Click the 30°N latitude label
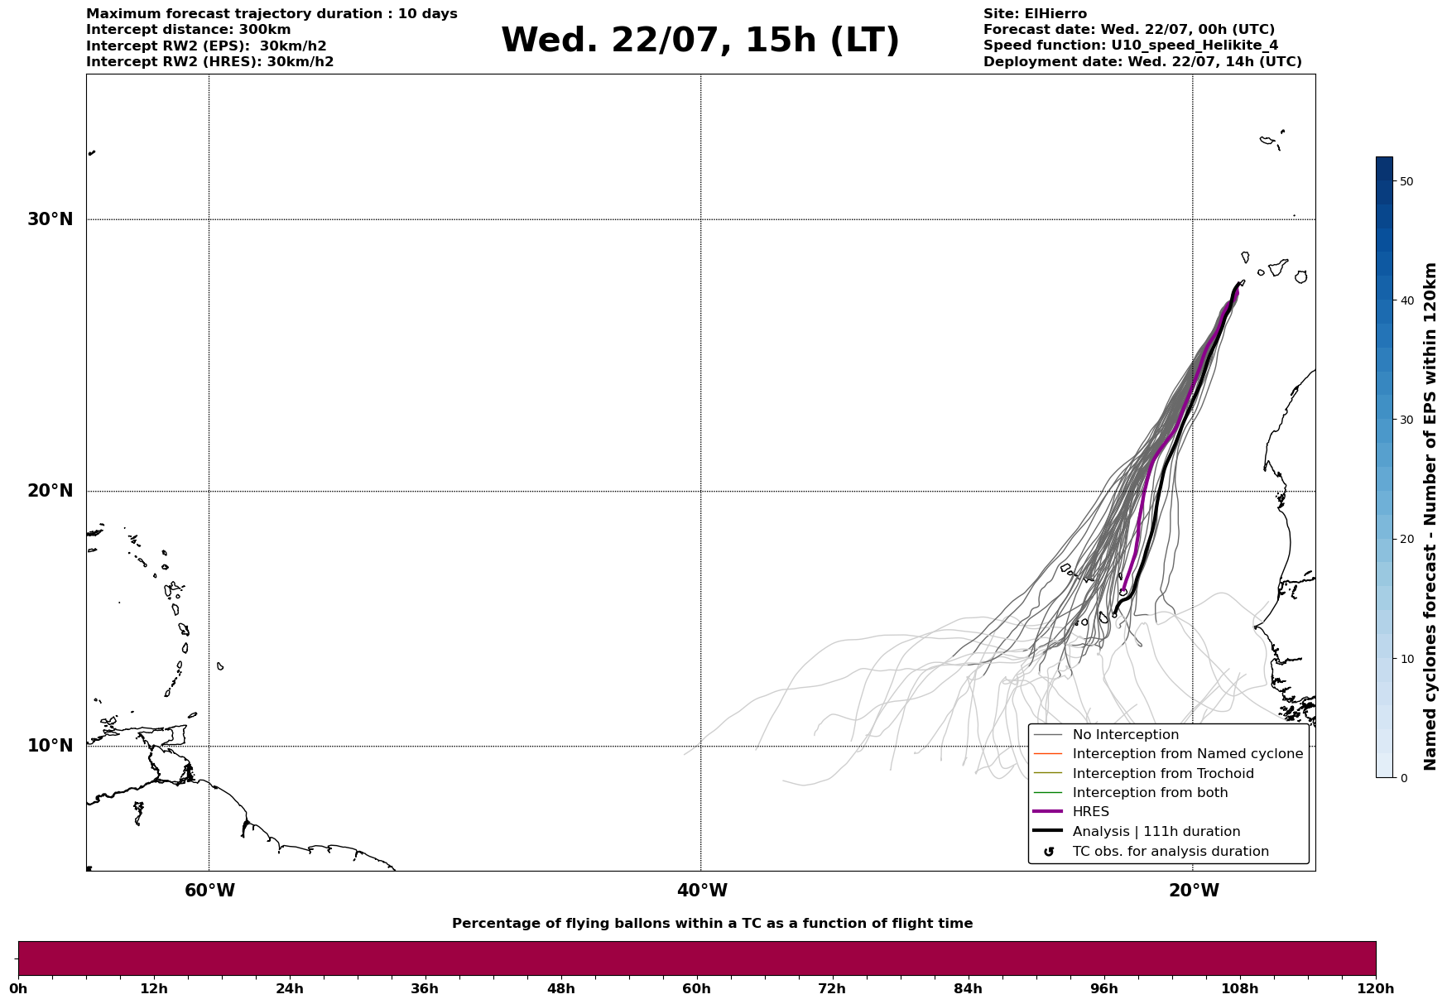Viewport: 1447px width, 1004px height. (x=50, y=219)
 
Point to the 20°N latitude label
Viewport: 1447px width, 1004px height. (x=50, y=491)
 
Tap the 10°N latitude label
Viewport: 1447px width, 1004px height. (x=50, y=746)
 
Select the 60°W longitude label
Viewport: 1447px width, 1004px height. (x=209, y=891)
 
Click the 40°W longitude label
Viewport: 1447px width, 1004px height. (x=702, y=891)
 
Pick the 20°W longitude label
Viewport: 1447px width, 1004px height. (x=1194, y=891)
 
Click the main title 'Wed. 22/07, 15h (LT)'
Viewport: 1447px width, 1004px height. (x=700, y=41)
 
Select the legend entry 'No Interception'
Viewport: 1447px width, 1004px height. (x=1126, y=735)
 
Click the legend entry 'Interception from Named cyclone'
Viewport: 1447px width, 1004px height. (x=1188, y=754)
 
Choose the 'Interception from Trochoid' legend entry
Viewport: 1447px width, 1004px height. (x=1163, y=774)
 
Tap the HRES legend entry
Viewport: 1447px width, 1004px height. (x=1091, y=812)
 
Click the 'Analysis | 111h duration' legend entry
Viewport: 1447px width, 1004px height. (x=1156, y=832)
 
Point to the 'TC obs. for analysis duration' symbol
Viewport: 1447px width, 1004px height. (x=1049, y=852)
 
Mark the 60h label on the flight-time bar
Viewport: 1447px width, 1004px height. (x=696, y=988)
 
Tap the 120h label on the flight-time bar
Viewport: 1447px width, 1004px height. (x=1376, y=988)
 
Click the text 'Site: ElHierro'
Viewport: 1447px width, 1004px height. (x=1035, y=14)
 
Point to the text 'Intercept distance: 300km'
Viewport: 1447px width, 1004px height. (x=189, y=30)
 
